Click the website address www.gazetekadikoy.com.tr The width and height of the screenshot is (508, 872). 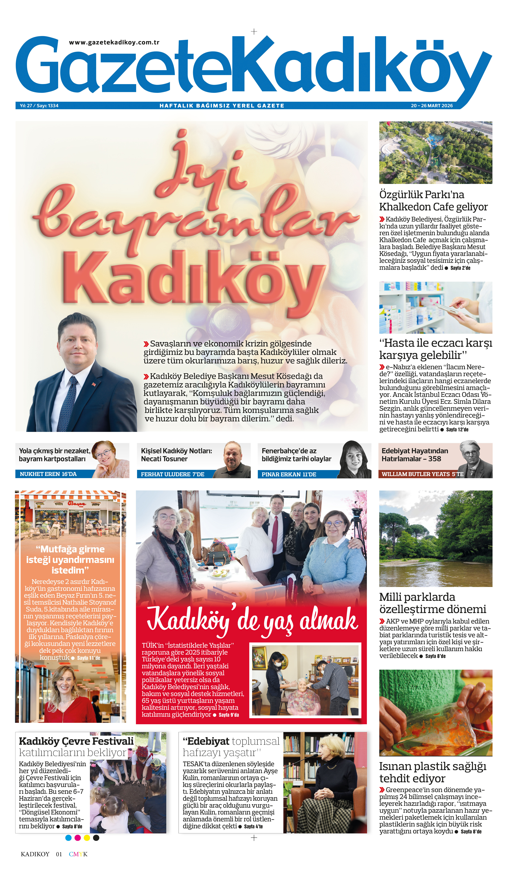click(114, 43)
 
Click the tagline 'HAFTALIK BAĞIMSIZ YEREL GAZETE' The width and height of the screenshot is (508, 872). click(221, 105)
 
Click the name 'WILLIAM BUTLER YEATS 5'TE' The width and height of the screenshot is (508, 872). click(422, 474)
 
